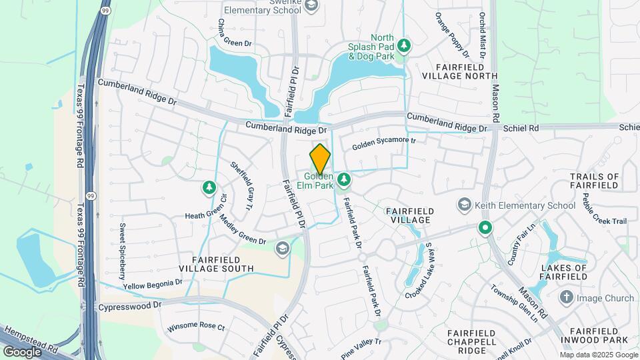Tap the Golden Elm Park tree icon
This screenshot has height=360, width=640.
click(x=344, y=179)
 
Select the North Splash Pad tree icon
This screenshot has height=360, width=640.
click(x=403, y=45)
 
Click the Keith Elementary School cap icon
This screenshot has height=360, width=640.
click(x=465, y=205)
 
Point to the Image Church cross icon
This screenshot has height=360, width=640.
click(x=566, y=297)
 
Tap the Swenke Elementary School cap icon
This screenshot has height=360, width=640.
click(x=311, y=6)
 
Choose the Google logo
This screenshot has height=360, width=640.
click(x=22, y=351)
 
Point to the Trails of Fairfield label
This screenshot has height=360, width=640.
click(x=595, y=181)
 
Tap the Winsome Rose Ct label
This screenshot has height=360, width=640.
click(x=196, y=327)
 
